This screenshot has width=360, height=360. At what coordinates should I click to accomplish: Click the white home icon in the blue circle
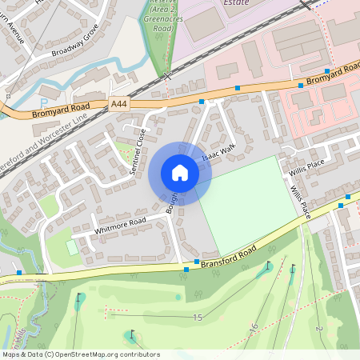coord(180,173)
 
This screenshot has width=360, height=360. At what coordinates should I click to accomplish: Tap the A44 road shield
coord(119,104)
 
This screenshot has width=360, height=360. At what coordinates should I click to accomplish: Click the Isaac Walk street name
coord(218,153)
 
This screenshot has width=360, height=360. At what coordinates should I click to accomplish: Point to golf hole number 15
coord(198,318)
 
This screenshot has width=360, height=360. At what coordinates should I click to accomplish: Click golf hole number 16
coord(254,327)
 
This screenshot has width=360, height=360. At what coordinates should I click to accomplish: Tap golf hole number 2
coord(318,330)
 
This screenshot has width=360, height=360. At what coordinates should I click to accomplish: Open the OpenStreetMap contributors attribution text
coord(81,354)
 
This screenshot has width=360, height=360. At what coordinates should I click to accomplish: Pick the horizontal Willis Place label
coord(307,163)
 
